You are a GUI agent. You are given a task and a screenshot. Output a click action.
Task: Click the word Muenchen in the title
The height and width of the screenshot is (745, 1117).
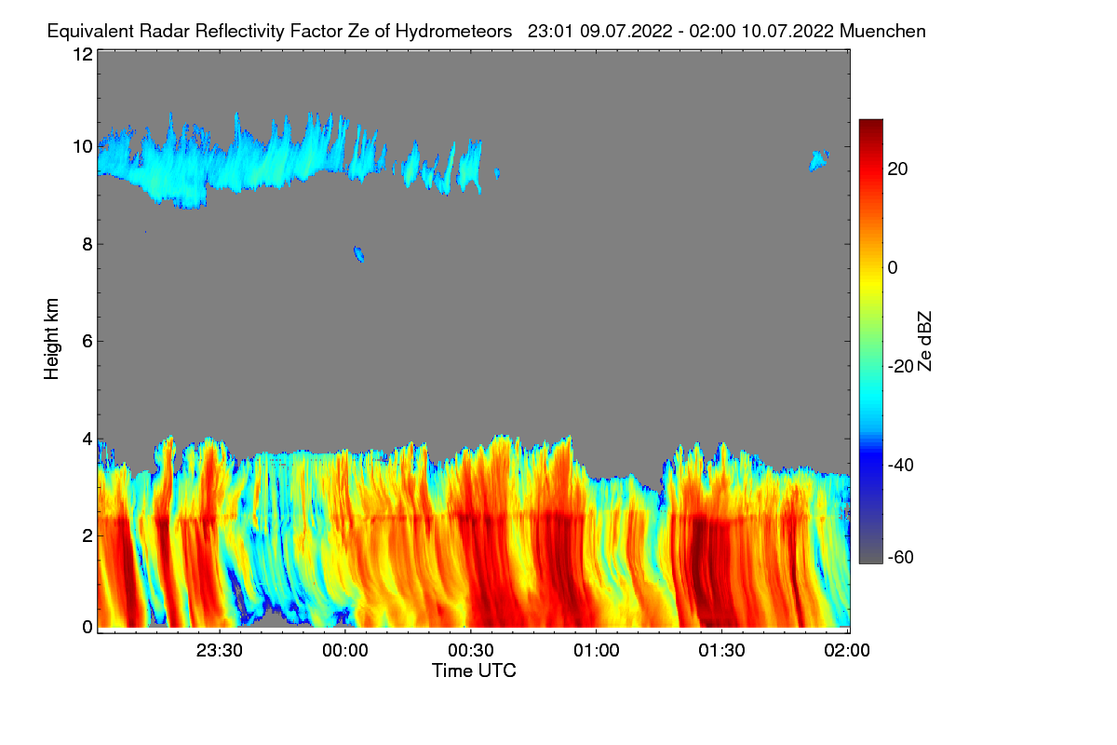coord(881,31)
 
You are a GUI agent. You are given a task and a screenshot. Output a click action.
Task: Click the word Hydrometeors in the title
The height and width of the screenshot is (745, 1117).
coord(453,31)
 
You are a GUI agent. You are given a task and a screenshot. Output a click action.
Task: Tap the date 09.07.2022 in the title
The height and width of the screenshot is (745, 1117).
coord(624,31)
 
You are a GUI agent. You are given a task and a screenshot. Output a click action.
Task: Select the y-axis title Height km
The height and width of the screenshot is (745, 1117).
coord(52,339)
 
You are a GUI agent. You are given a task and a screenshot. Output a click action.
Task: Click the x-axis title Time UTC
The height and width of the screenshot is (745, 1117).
coord(474,670)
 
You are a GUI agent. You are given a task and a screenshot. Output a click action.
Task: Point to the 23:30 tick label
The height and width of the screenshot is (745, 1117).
coord(220,650)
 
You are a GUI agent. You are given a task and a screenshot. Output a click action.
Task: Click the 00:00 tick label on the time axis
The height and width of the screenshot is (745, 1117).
coord(345,650)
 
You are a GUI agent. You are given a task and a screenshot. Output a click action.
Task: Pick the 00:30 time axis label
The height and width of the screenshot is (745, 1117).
coord(471,650)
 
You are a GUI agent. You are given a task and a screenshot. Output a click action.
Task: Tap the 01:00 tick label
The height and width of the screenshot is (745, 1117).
coord(596,650)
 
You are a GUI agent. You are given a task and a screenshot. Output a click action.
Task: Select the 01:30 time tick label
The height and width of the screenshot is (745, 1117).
coord(721,650)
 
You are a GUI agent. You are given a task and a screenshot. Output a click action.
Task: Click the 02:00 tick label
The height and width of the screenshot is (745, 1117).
coord(847,650)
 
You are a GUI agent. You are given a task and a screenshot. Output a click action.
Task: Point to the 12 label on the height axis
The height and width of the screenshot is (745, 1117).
coord(82,54)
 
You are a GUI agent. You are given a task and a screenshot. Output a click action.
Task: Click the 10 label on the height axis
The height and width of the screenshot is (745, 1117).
coord(82,146)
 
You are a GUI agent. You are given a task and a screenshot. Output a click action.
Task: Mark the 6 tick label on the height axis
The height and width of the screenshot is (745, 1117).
coord(87,341)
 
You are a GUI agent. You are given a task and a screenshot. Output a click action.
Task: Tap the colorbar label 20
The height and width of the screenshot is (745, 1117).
coord(898,169)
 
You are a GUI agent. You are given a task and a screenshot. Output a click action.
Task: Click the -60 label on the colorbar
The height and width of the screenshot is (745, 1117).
coord(902,557)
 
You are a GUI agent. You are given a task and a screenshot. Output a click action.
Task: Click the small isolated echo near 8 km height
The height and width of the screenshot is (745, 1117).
coord(358,253)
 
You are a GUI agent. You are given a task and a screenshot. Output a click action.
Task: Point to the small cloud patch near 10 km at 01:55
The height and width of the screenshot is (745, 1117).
coord(818,160)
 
